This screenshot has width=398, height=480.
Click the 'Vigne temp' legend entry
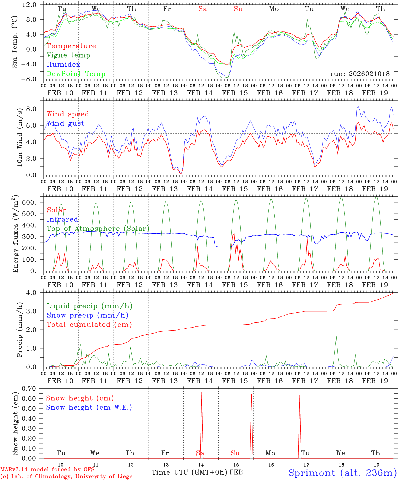68,55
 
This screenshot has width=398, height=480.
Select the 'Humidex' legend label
63,65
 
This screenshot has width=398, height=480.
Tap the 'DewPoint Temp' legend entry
76,74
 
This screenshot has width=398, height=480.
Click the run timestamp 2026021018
360,74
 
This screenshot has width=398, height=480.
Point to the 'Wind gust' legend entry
65,123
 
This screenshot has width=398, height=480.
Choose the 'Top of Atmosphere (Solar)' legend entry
98,229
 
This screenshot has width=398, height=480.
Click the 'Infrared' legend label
62,219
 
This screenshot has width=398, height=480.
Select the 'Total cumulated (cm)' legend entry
89,325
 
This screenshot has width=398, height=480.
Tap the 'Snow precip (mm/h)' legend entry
87,315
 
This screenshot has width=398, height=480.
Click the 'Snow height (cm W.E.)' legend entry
89,407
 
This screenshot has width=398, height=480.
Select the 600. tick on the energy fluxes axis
28,203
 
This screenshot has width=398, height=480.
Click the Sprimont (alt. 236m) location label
342,473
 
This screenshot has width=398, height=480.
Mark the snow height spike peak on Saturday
202,393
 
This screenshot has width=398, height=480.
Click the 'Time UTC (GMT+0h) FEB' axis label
197,472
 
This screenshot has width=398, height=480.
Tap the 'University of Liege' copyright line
67,477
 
